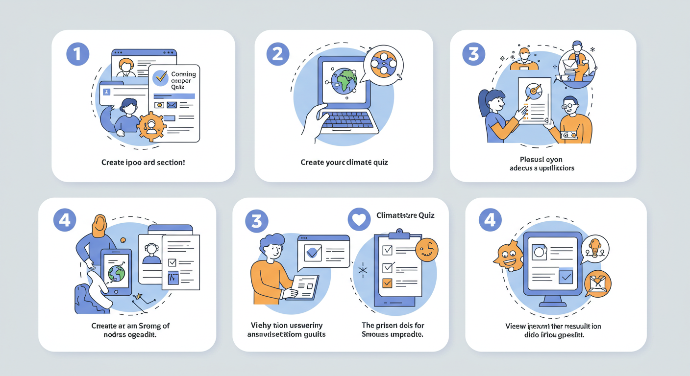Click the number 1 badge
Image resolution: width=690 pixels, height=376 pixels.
click(x=78, y=54)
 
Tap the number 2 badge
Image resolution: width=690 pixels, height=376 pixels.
click(x=278, y=54)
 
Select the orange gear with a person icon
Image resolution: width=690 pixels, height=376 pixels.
click(x=151, y=126)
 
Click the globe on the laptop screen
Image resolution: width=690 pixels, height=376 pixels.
click(x=343, y=81)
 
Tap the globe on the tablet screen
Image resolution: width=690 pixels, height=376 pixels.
click(x=117, y=273)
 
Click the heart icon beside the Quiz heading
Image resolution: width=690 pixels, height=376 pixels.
click(x=359, y=219)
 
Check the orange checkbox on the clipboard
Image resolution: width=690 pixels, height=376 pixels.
click(x=387, y=283)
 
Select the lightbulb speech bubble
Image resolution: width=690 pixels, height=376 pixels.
click(x=595, y=248)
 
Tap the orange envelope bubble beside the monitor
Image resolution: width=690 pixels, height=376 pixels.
click(x=598, y=283)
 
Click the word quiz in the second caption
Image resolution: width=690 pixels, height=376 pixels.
click(x=380, y=162)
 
